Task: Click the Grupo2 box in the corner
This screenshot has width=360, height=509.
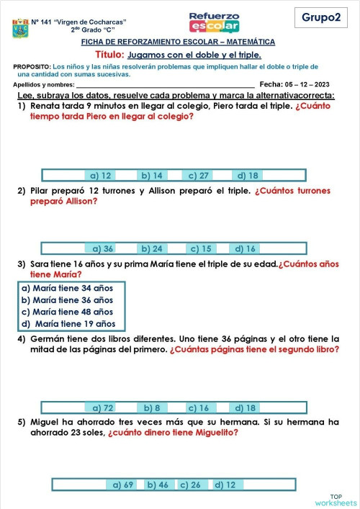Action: point(320,17)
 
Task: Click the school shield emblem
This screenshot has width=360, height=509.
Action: point(20,29)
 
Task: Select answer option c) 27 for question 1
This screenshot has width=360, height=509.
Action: point(199,175)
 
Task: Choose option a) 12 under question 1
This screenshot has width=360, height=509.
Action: point(100,175)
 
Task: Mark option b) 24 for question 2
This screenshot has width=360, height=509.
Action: point(151,248)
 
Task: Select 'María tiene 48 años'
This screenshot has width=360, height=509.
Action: point(67,312)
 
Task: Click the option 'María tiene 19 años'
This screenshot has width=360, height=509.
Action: point(68,323)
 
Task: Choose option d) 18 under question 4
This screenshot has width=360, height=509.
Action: point(246,407)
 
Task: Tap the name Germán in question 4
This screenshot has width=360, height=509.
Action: point(48,338)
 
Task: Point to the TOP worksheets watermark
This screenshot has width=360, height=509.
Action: point(336,500)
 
